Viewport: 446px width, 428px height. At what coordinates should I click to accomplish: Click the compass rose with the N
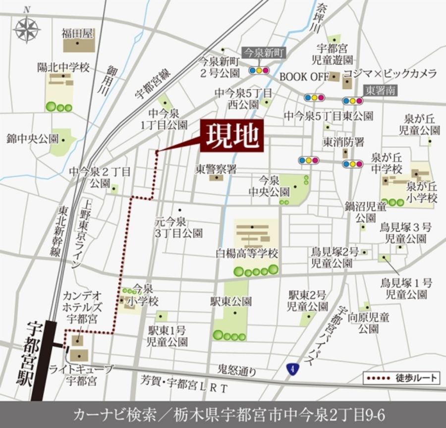27,29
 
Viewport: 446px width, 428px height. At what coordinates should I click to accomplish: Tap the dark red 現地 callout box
231,135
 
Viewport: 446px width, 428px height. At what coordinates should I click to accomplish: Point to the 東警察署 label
216,168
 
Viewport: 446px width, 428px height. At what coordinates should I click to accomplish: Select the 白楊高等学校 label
247,254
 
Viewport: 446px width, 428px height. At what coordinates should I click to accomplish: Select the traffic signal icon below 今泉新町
259,70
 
